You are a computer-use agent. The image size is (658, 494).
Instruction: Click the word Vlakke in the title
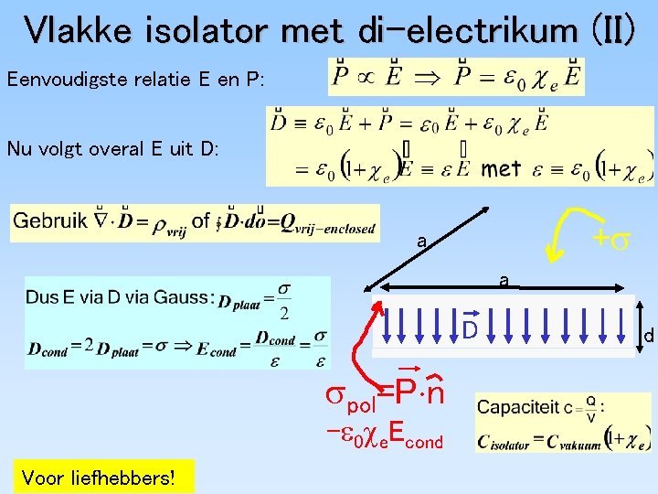[81, 31]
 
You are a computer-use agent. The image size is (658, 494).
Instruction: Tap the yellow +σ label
[610, 239]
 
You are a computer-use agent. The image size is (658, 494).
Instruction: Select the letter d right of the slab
[648, 337]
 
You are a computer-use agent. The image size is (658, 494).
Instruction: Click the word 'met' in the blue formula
[501, 168]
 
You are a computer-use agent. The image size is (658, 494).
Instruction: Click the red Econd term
[413, 441]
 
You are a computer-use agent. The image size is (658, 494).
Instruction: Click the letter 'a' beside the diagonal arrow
[420, 242]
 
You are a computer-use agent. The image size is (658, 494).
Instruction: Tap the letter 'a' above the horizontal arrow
[504, 280]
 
